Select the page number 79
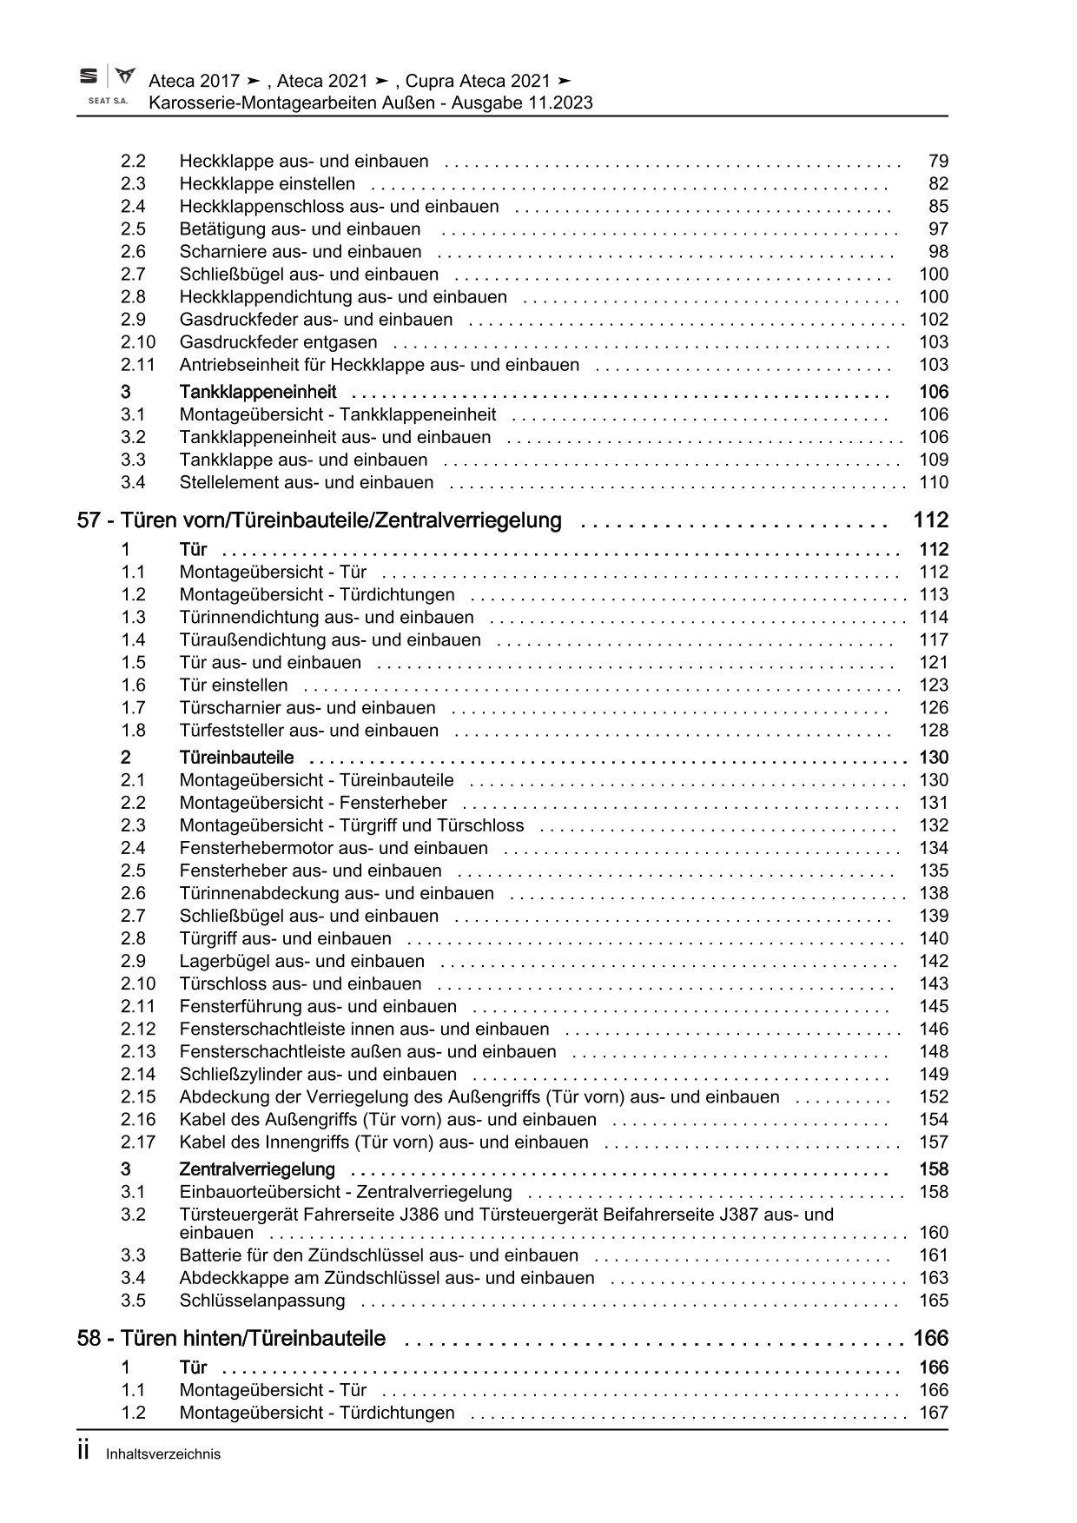[938, 161]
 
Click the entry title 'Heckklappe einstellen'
[268, 184]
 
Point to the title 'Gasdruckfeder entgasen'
[278, 342]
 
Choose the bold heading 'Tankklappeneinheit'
[258, 392]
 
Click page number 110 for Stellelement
[934, 483]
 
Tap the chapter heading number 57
[89, 521]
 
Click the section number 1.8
[133, 731]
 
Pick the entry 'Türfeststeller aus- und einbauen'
[309, 731]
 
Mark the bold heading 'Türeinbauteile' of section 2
[236, 758]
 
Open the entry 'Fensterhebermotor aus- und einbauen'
[334, 848]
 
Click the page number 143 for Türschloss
[934, 984]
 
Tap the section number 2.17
[138, 1142]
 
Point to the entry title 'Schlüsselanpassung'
[262, 1301]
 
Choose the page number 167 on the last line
[934, 1414]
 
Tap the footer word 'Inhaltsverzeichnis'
[163, 1454]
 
